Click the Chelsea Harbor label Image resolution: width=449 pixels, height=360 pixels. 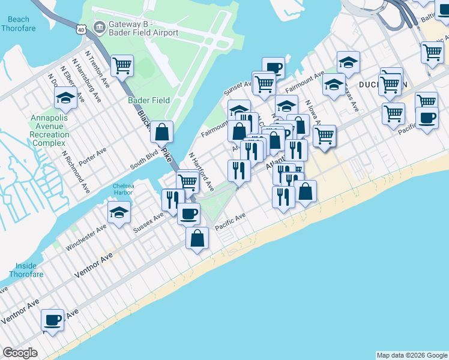(124, 190)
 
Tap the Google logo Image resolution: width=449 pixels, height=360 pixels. (20, 353)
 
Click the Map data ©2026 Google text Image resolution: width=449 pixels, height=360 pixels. (411, 355)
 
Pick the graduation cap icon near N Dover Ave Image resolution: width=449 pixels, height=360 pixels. (65, 97)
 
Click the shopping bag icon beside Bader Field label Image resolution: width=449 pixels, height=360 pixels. (161, 130)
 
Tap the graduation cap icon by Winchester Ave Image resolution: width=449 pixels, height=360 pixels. (119, 211)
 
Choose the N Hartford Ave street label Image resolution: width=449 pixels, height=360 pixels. (202, 172)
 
